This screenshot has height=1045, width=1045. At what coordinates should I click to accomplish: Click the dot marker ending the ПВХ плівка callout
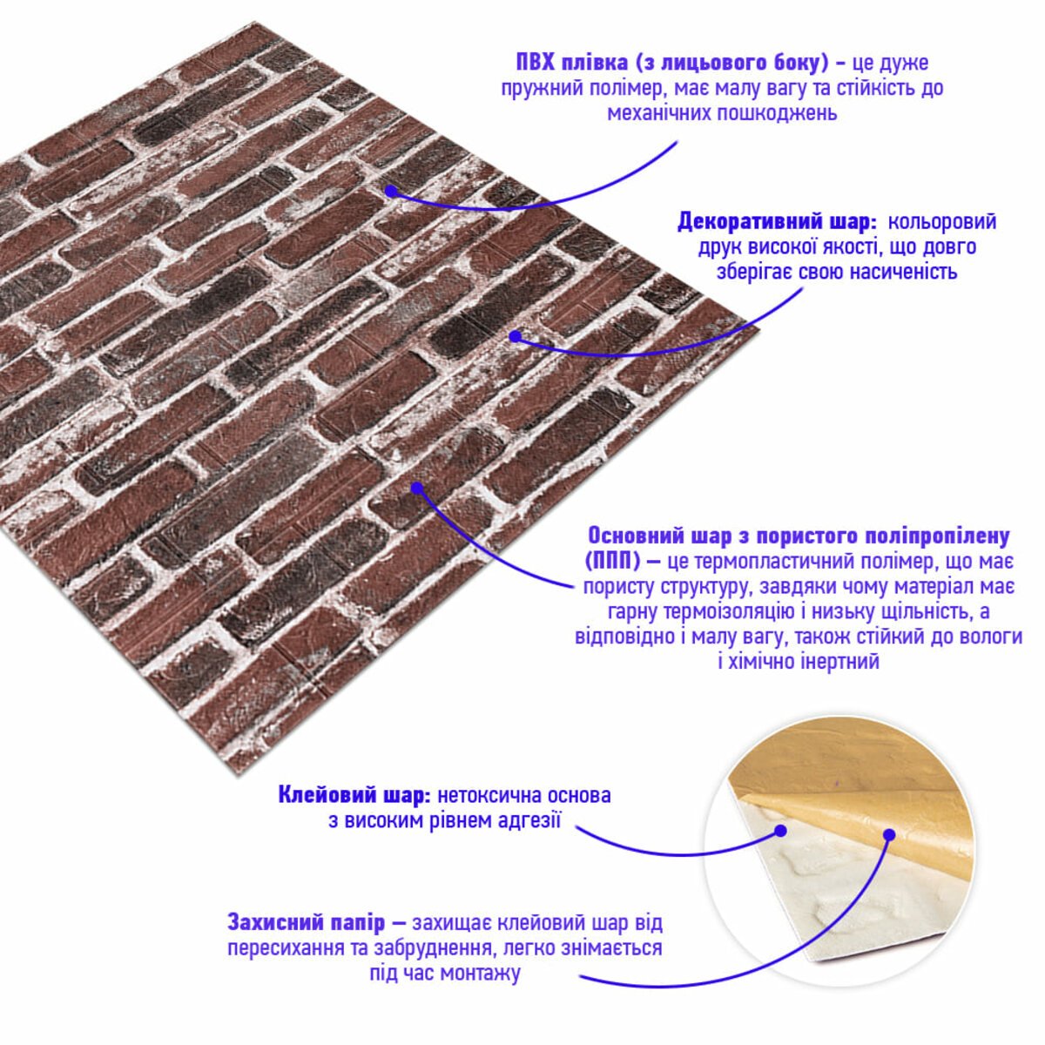391,191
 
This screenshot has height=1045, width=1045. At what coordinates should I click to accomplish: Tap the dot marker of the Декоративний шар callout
516,337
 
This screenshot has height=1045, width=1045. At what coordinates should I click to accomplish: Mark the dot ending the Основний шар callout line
416,488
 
